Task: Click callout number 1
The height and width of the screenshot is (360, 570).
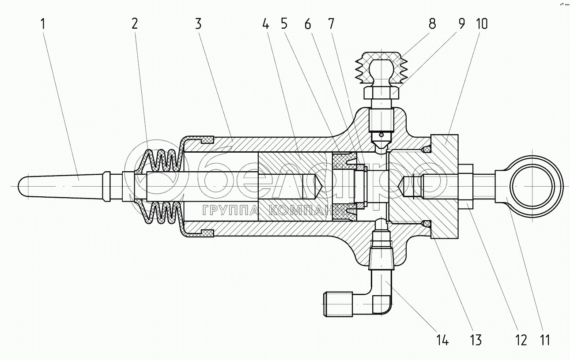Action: pyautogui.click(x=43, y=24)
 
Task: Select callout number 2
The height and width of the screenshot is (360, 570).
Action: pyautogui.click(x=134, y=24)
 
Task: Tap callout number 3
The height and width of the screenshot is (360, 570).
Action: pyautogui.click(x=198, y=24)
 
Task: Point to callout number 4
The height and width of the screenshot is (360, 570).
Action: pyautogui.click(x=265, y=24)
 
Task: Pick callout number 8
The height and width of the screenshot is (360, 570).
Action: pyautogui.click(x=432, y=24)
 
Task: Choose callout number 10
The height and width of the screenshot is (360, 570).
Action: pyautogui.click(x=481, y=24)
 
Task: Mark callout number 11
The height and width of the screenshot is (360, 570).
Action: pyautogui.click(x=545, y=340)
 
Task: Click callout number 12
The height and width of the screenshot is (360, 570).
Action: pyautogui.click(x=521, y=340)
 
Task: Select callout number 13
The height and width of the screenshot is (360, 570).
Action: pyautogui.click(x=476, y=340)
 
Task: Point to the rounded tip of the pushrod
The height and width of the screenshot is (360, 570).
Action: pyautogui.click(x=26, y=185)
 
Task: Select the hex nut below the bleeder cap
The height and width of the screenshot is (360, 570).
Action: pyautogui.click(x=381, y=93)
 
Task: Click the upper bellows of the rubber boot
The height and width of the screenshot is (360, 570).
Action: pyautogui.click(x=161, y=161)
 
